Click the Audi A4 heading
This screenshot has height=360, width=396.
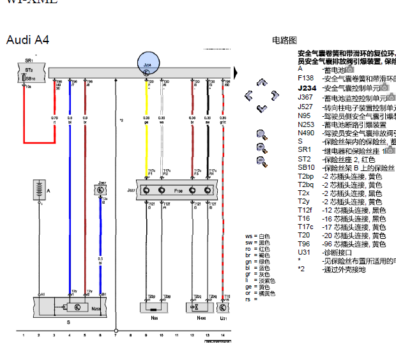pos(27,40)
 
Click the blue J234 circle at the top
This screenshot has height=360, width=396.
pos(147,64)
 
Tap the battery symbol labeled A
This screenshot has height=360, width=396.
pos(40,190)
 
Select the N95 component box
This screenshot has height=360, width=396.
pos(155,307)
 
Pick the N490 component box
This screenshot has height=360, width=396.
pos(201,307)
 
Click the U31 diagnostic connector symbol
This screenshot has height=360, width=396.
pos(224,307)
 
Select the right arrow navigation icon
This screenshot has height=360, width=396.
pos(275,96)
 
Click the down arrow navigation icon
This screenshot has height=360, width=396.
pos(261,109)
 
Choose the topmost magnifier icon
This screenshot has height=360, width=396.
pos(261,133)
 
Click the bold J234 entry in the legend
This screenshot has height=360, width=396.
pos(307,88)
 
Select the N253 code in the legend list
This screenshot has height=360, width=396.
pos(306,124)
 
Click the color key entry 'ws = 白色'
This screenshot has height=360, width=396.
pos(257,236)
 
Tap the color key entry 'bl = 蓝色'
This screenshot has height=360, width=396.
pos(257,268)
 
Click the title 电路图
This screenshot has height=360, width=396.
pos(284,40)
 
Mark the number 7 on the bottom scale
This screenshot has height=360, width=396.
pos(116,334)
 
